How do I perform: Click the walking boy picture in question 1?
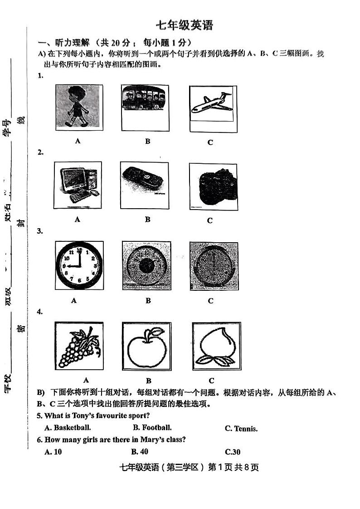(77, 106)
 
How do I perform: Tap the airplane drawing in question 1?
(212, 103)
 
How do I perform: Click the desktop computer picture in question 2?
(78, 185)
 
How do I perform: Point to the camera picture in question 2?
(214, 187)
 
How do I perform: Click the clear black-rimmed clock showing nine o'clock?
(79, 265)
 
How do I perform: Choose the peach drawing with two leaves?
(216, 347)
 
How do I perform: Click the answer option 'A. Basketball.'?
(68, 427)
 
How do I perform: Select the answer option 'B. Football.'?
(152, 427)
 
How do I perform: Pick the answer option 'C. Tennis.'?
(241, 429)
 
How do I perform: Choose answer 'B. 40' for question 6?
(140, 451)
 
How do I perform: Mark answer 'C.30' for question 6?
(233, 452)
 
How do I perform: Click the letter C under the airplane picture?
(210, 142)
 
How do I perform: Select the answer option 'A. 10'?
(54, 451)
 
